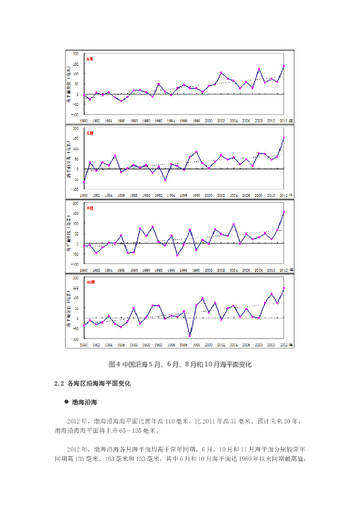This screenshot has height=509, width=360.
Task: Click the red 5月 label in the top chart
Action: pyautogui.click(x=90, y=59)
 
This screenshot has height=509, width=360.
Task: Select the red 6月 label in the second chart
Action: pyautogui.click(x=90, y=133)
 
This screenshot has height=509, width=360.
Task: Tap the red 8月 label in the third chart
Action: pyautogui.click(x=90, y=208)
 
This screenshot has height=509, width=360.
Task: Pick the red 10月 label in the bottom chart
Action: pyautogui.click(x=91, y=282)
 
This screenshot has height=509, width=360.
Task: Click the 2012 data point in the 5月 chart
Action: pyautogui.click(x=283, y=66)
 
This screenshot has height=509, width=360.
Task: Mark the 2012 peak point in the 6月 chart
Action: pyautogui.click(x=283, y=138)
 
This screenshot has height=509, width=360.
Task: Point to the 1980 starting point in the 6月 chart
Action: pyautogui.click(x=84, y=182)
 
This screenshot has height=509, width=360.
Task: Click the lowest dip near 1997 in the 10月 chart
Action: pyautogui.click(x=190, y=336)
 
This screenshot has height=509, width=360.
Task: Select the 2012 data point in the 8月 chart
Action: pyautogui.click(x=283, y=212)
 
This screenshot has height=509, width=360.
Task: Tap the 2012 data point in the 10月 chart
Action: pyautogui.click(x=283, y=288)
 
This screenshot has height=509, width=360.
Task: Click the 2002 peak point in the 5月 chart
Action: pyautogui.click(x=221, y=73)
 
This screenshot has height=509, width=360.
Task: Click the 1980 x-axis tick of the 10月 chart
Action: pyautogui.click(x=84, y=344)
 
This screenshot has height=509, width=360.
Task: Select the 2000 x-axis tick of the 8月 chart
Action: pyautogui.click(x=209, y=270)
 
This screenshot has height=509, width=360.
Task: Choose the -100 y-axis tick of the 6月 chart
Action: pyautogui.click(x=76, y=189)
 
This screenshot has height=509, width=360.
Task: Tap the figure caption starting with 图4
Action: pyautogui.click(x=180, y=365)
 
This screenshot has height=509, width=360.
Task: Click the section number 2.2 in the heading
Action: pyautogui.click(x=60, y=384)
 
